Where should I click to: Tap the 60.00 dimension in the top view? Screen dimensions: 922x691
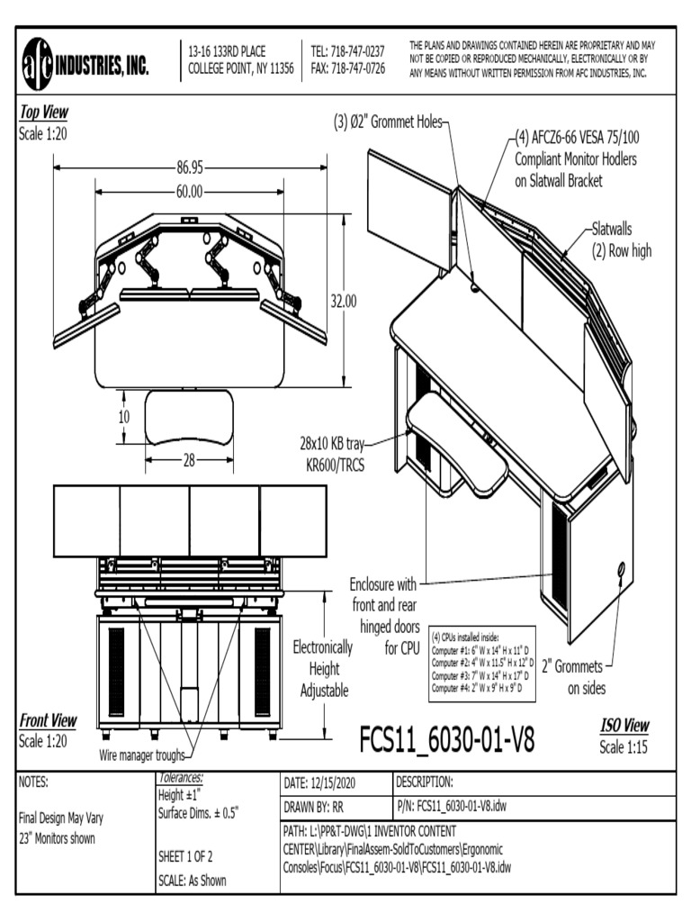[x=188, y=192]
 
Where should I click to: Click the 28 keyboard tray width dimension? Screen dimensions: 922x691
[x=189, y=460]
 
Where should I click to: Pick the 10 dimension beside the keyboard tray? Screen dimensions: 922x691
[x=123, y=417]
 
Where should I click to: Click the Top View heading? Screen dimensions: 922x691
[x=43, y=113]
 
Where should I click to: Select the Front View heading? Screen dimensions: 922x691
[x=48, y=721]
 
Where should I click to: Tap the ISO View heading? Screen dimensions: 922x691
[x=624, y=727]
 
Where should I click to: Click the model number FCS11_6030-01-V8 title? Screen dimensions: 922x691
[x=447, y=739]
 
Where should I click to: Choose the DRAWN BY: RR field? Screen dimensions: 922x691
[x=313, y=806]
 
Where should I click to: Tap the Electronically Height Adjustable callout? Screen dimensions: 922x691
[x=323, y=669]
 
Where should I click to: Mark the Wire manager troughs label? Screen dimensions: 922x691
[x=141, y=755]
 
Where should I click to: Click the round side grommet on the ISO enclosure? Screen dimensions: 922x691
[x=621, y=569]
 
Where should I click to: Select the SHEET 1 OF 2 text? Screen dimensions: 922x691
[x=185, y=856]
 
